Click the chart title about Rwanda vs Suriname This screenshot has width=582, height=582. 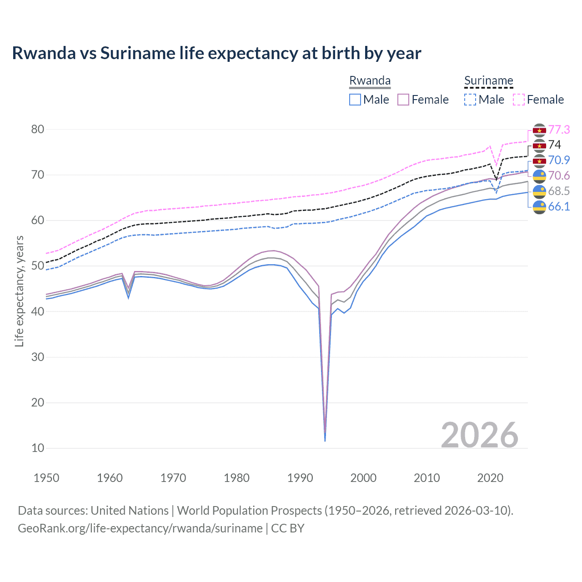(216, 53)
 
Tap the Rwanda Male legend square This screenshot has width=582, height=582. (355, 100)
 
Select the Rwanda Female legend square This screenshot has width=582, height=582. (403, 100)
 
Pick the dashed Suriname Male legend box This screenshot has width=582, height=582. (470, 100)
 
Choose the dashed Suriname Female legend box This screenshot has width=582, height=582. (519, 100)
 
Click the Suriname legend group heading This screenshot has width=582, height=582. (488, 81)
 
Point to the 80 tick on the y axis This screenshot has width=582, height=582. (38, 130)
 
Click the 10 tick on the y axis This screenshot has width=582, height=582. (38, 448)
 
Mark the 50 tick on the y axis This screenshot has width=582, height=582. (38, 266)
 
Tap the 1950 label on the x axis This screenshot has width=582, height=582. (46, 478)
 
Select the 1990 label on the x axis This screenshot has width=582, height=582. (300, 478)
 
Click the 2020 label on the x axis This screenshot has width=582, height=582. (490, 478)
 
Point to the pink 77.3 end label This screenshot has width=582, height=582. (559, 130)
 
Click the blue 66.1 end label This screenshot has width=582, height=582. (559, 206)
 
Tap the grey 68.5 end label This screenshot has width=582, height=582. (559, 191)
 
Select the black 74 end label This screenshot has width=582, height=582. (555, 145)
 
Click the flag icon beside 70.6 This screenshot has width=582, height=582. (539, 176)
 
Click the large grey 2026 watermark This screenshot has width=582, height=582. (480, 435)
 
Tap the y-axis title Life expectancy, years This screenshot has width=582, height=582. (19, 291)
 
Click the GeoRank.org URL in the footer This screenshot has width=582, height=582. (140, 528)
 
